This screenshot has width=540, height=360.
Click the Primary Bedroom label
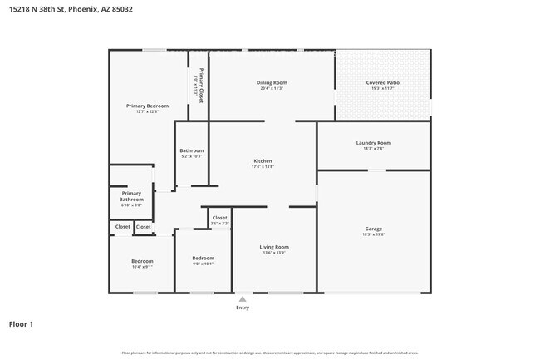point(147,106)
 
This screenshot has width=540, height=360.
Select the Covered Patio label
point(382,82)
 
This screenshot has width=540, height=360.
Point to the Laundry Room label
point(373,143)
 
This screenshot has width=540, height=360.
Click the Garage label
point(373,229)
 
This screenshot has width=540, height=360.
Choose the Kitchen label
point(263,161)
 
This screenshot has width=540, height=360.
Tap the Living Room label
point(274,247)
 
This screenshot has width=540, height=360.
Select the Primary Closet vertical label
point(200,81)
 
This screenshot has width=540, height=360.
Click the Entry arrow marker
point(243,298)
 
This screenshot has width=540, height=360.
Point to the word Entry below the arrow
point(243,307)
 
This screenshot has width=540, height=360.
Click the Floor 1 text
point(21,323)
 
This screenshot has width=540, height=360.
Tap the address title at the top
point(71,9)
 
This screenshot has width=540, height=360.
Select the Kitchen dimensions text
point(263,167)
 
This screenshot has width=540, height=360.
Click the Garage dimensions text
point(373,234)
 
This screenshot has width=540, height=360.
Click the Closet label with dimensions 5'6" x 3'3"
point(219,218)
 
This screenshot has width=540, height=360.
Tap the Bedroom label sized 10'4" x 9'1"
point(142,261)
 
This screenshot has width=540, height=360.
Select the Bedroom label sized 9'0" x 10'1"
point(203,258)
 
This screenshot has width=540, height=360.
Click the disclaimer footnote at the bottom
point(270,353)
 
